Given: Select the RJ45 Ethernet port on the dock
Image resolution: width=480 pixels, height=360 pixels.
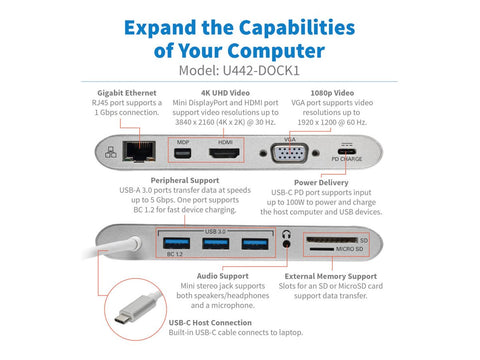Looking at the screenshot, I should point(133,154).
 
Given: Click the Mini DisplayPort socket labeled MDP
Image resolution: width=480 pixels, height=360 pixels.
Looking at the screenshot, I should point(183,155).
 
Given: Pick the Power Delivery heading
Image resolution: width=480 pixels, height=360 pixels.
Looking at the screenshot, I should point(321,183).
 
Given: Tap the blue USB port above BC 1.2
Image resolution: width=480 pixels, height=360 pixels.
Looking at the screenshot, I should point(176,243).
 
